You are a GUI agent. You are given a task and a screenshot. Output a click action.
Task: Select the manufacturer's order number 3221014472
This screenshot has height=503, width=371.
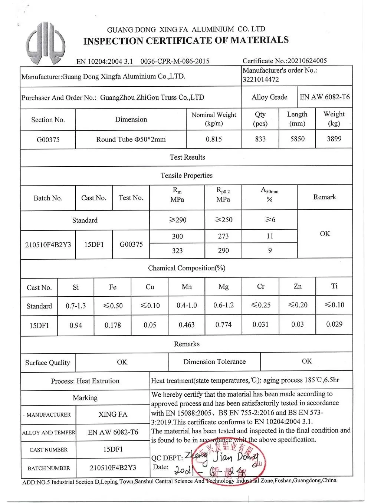260,79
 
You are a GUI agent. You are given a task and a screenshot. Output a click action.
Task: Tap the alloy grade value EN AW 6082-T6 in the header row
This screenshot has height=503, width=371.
325,97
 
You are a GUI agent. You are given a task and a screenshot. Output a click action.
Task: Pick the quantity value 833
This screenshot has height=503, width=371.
260,139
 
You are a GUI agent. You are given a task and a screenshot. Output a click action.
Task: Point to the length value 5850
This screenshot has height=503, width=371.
297,139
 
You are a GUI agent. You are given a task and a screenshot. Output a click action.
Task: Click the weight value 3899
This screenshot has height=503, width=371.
334,139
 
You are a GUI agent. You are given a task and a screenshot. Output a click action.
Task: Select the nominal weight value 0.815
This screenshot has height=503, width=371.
214,139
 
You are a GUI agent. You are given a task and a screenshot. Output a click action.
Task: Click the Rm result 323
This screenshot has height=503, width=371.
177,251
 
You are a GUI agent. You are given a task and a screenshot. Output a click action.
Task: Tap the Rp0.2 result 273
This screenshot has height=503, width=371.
223,236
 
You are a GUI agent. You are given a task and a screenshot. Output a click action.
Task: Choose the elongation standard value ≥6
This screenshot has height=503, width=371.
270,220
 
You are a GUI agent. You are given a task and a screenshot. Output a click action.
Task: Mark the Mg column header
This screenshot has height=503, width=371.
223,287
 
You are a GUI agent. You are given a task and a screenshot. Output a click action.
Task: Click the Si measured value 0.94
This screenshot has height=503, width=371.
76,325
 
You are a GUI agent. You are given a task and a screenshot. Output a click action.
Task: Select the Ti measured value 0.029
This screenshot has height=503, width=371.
334,324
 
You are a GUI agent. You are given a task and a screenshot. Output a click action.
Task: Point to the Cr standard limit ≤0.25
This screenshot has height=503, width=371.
260,305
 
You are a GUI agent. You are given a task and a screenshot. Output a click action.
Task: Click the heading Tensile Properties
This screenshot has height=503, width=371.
187,176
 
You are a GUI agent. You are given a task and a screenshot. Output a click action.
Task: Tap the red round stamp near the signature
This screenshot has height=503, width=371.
232,461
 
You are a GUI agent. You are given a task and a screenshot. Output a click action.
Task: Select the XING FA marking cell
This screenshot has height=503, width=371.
113,414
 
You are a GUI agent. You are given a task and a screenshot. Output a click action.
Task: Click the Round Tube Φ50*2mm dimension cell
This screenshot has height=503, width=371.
131,140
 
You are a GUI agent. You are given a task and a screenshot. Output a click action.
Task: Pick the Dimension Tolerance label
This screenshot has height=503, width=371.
214,362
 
